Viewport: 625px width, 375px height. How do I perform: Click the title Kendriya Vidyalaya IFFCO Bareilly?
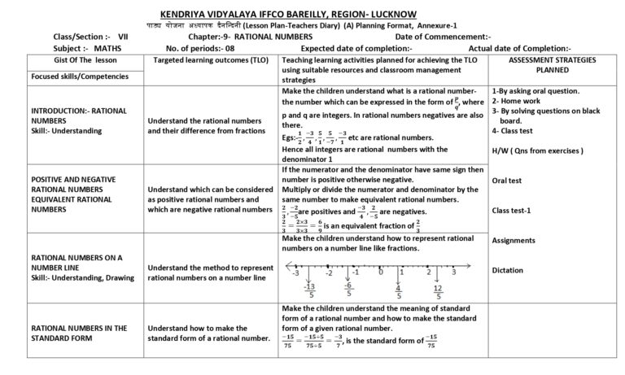(312, 14)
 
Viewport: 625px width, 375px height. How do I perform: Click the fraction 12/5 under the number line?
(438, 291)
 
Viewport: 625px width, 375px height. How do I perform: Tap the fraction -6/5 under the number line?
(347, 291)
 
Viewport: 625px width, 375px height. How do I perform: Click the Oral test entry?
(509, 181)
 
